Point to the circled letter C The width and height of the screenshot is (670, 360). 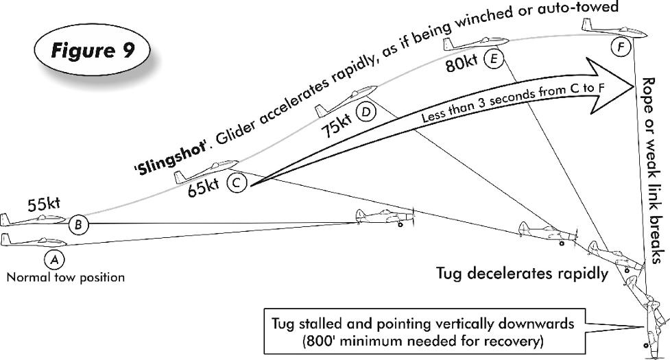pyautogui.click(x=235, y=182)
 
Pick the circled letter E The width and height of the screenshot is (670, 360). pyautogui.click(x=492, y=60)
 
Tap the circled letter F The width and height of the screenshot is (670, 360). pyautogui.click(x=621, y=47)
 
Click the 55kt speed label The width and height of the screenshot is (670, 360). pyautogui.click(x=45, y=204)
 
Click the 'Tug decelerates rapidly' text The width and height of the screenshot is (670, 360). pyautogui.click(x=522, y=274)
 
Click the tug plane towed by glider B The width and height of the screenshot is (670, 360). pyautogui.click(x=386, y=218)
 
